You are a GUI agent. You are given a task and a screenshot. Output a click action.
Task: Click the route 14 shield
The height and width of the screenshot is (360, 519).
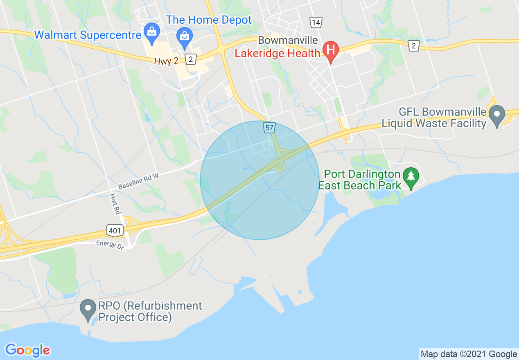click(x=315, y=22)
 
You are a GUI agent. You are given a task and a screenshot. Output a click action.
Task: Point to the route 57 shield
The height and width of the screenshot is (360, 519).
click(x=269, y=128)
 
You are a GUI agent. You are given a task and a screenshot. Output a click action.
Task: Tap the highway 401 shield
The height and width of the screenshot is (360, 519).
click(x=115, y=231)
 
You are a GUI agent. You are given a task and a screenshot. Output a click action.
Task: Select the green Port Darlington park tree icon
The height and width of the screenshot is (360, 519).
click(x=411, y=177)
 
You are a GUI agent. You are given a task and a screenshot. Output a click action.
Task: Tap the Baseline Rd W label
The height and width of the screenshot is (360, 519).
click(x=138, y=181)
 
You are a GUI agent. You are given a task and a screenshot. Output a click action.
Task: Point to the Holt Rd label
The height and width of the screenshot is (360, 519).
click(x=115, y=204)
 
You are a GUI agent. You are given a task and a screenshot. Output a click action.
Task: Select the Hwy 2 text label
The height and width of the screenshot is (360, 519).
click(x=167, y=61)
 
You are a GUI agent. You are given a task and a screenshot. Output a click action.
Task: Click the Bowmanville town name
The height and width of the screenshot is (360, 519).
click(x=288, y=40)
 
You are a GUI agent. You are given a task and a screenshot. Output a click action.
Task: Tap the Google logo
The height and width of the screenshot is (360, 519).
click(x=28, y=350)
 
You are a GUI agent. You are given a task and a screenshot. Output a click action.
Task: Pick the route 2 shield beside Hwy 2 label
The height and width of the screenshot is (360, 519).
click(x=190, y=60)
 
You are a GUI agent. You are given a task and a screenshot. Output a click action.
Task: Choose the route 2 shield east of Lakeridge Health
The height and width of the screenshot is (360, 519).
click(x=414, y=46)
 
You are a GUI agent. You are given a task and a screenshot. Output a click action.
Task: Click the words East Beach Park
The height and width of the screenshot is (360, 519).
click(x=360, y=186)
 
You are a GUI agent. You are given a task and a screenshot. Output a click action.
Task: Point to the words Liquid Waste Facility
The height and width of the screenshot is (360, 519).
click(x=434, y=123)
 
